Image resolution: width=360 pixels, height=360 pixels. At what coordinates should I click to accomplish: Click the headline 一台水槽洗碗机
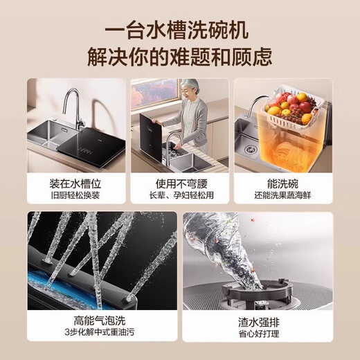click(x=180, y=31)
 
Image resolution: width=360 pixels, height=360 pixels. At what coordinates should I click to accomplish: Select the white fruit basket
click(x=291, y=111)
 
